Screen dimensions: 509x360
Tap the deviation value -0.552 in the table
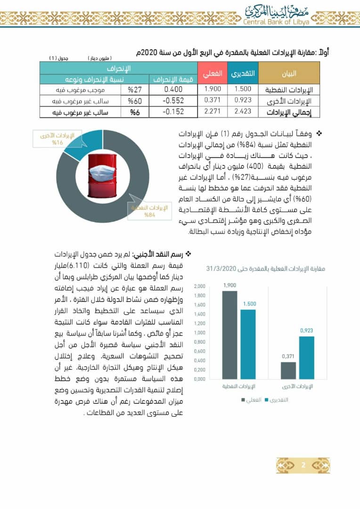point(174,100)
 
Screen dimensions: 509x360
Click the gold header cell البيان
point(289,74)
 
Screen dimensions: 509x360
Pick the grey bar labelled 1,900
point(229,335)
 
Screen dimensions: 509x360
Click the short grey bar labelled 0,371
point(288,370)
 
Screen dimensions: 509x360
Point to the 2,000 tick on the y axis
point(199,287)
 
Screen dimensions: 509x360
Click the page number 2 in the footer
point(303,465)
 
